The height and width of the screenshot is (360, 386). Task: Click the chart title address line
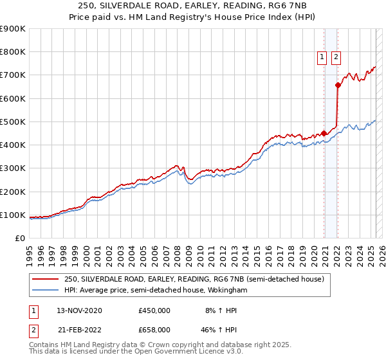coord(192,7)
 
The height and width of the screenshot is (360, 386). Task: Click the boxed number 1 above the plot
coord(322,57)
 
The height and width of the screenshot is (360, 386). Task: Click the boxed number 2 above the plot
coord(336,57)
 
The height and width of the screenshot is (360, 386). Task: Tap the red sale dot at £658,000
coord(338,85)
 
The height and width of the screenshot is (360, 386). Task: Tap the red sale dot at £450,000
coord(324,134)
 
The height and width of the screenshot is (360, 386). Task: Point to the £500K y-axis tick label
coord(13,122)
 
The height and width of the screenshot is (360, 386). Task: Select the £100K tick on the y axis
coord(13,215)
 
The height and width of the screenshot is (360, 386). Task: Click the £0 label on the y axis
coord(19,238)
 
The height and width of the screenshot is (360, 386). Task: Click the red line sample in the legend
coord(46,280)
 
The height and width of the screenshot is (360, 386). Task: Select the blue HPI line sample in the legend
coord(46,290)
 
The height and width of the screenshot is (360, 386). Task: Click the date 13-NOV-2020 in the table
coord(79,310)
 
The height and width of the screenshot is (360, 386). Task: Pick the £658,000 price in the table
coord(154,329)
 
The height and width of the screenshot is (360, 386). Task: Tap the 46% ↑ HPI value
coord(221,329)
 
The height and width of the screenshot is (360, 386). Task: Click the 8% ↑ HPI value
coord(221,310)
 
